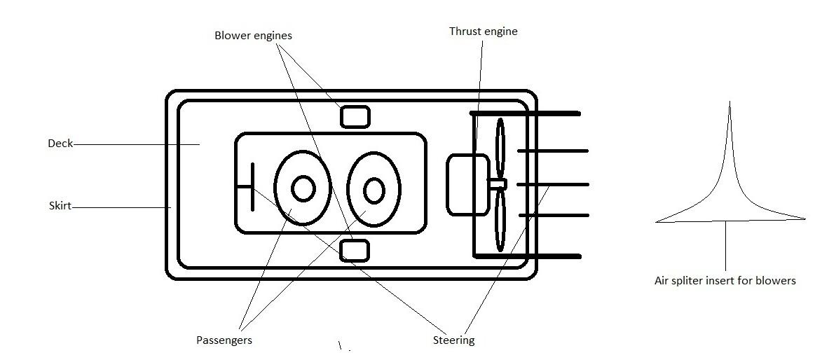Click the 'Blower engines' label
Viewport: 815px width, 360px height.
253,35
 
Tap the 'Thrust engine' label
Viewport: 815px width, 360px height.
483,32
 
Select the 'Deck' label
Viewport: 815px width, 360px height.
60,144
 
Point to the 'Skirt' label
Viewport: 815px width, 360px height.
60,207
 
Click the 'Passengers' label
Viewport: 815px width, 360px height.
224,340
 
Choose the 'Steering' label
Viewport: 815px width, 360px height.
453,340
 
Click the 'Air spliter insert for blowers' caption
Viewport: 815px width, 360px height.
725,281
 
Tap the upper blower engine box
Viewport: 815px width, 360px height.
355,116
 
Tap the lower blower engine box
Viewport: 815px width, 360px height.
354,250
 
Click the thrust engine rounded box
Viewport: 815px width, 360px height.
467,184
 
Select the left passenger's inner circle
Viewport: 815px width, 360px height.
303,188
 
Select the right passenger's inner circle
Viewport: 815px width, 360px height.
374,190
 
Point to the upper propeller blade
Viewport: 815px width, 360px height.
500,148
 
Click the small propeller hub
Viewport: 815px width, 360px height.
498,184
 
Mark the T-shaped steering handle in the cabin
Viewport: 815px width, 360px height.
251,186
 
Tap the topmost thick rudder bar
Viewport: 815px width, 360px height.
526,113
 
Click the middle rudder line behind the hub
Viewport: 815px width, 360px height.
554,184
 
